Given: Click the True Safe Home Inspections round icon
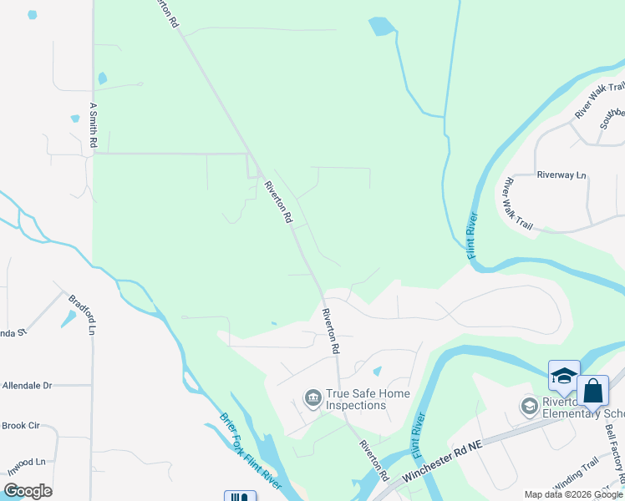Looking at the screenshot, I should coord(313,396).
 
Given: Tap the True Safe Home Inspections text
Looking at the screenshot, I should coord(356,399).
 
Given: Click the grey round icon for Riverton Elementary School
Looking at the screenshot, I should coord(529,407).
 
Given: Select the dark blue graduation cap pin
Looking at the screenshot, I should coord(564,376).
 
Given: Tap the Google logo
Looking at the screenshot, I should coord(27,491).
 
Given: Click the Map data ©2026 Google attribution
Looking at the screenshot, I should coord(573,494).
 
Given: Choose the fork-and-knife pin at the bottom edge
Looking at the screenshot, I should coord(240,497).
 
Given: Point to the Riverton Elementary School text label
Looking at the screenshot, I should coord(582,407).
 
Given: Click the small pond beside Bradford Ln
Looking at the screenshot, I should coord(68,318).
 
